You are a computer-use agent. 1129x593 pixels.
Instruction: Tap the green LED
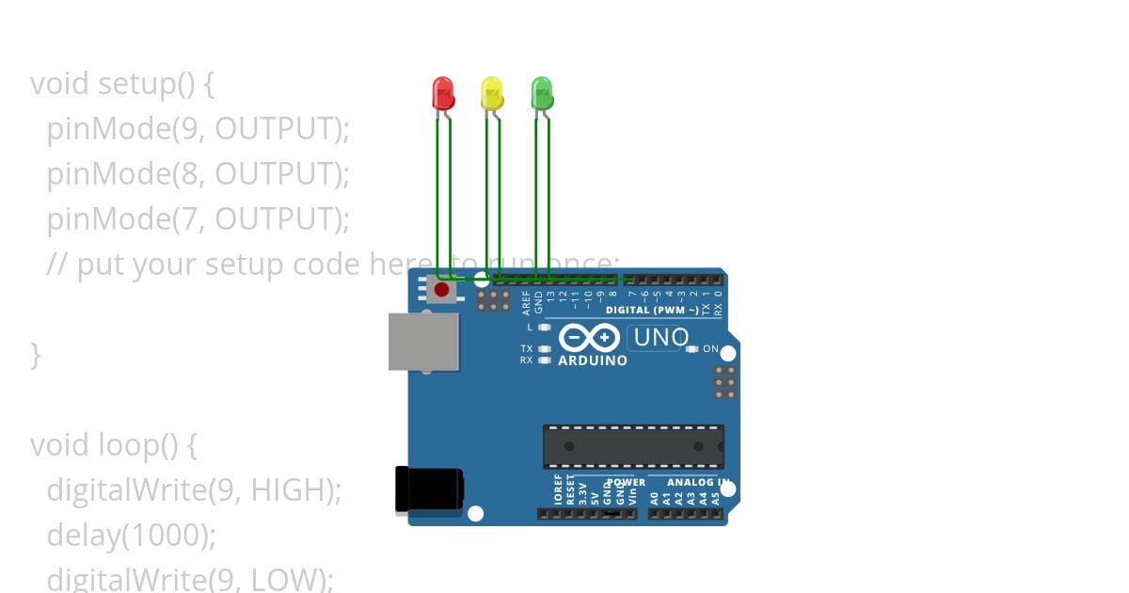541,93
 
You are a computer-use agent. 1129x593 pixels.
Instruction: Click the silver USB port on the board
424,342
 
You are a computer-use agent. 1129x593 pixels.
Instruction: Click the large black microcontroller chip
633,446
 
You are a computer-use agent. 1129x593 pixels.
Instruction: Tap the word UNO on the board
661,337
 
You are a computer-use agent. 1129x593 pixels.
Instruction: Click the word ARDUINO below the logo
593,361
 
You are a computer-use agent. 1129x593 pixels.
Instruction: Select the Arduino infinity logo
589,338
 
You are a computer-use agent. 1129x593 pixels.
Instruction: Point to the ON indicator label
710,349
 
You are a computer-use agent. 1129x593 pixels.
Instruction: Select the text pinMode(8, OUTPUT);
198,174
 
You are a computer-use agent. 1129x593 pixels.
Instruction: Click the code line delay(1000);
132,536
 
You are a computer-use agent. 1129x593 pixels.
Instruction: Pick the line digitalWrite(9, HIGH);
194,490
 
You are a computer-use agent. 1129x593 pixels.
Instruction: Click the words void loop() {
113,445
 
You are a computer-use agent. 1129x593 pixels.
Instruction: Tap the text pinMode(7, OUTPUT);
198,219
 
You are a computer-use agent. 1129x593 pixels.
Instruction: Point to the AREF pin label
527,301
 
